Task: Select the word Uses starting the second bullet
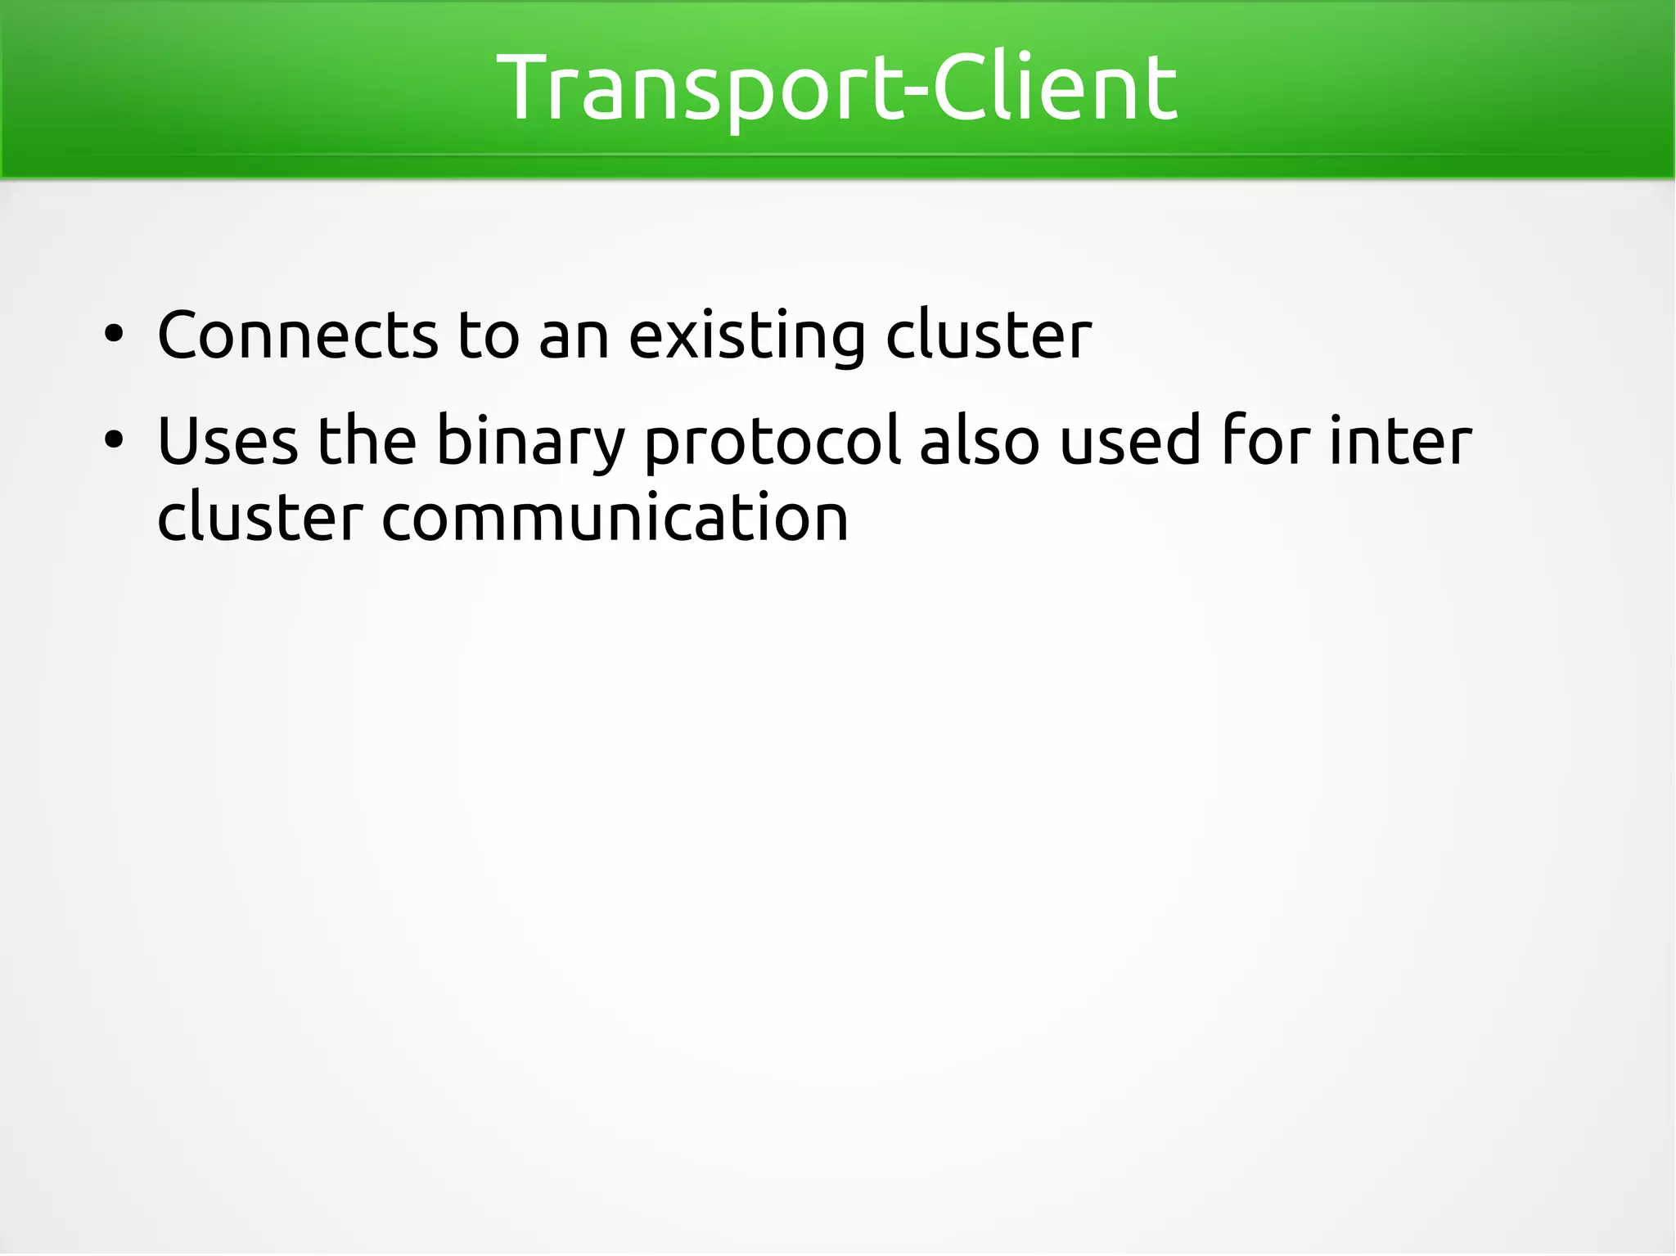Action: (x=228, y=442)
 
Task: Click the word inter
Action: (x=1400, y=442)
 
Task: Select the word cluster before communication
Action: (x=259, y=517)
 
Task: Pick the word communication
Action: (x=615, y=517)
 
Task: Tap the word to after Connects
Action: (x=489, y=335)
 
